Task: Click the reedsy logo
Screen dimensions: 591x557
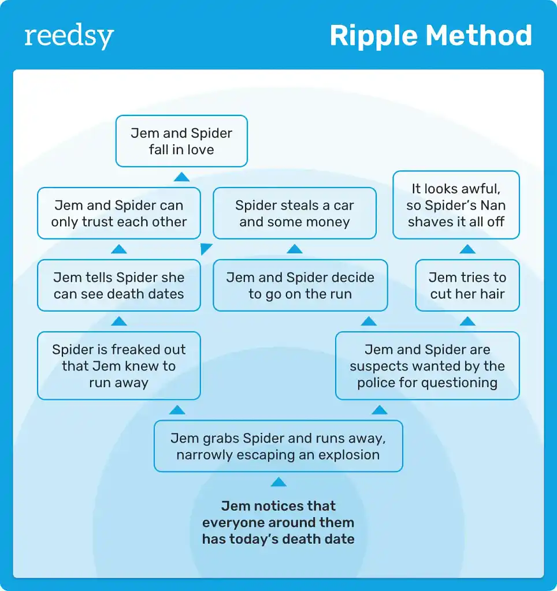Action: [69, 37]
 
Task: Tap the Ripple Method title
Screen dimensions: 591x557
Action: [430, 36]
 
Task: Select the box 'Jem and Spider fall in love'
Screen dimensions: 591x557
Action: [181, 141]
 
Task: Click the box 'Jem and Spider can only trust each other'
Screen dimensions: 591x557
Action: [119, 214]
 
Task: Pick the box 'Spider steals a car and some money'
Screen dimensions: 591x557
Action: [295, 214]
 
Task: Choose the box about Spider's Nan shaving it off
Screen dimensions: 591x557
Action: [456, 205]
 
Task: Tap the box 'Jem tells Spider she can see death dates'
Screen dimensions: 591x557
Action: [119, 286]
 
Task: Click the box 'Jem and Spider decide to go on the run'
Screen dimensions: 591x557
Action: [300, 286]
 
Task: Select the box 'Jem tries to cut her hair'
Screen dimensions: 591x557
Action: [467, 286]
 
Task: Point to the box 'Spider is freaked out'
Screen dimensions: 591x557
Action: [119, 366]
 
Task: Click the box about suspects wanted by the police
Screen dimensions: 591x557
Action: [427, 366]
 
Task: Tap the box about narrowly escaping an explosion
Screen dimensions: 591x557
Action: [278, 446]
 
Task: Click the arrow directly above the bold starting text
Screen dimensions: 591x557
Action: [278, 482]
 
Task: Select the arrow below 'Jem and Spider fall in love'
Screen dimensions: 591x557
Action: [181, 177]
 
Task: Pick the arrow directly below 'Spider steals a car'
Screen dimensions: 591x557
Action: [295, 249]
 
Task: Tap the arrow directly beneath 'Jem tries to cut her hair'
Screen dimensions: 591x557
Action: [467, 321]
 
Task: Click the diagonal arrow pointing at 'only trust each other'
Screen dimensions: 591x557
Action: [205, 249]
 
